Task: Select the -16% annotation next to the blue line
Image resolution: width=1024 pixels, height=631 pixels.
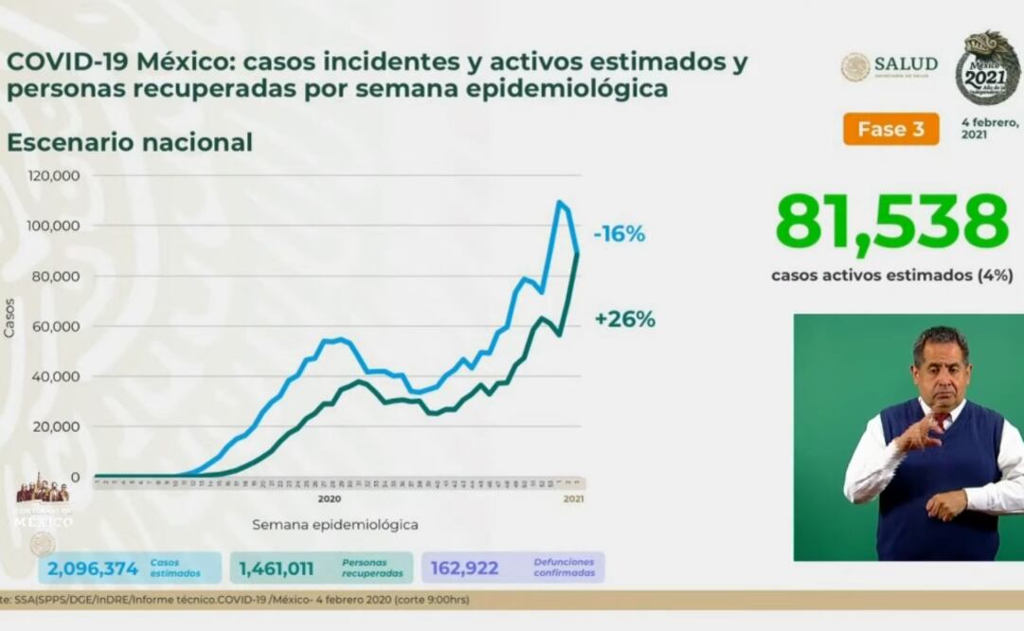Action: [620, 233]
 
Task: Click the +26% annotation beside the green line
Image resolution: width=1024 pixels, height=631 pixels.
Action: [624, 319]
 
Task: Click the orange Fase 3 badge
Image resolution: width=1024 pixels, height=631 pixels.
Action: [890, 129]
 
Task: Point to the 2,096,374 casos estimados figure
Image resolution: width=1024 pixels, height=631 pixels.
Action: [91, 568]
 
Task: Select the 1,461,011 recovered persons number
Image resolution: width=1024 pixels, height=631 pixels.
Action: [282, 568]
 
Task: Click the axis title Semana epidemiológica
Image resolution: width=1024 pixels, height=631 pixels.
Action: [334, 524]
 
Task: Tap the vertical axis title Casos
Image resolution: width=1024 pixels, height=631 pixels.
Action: [10, 317]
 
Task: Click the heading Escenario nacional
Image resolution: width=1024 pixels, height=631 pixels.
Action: [130, 142]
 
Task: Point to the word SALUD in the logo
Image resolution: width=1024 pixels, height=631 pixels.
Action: [906, 64]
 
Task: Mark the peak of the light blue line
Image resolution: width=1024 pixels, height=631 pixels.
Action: [560, 202]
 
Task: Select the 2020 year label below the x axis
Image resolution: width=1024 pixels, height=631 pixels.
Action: [329, 497]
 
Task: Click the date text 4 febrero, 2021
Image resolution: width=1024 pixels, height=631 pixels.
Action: [989, 128]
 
